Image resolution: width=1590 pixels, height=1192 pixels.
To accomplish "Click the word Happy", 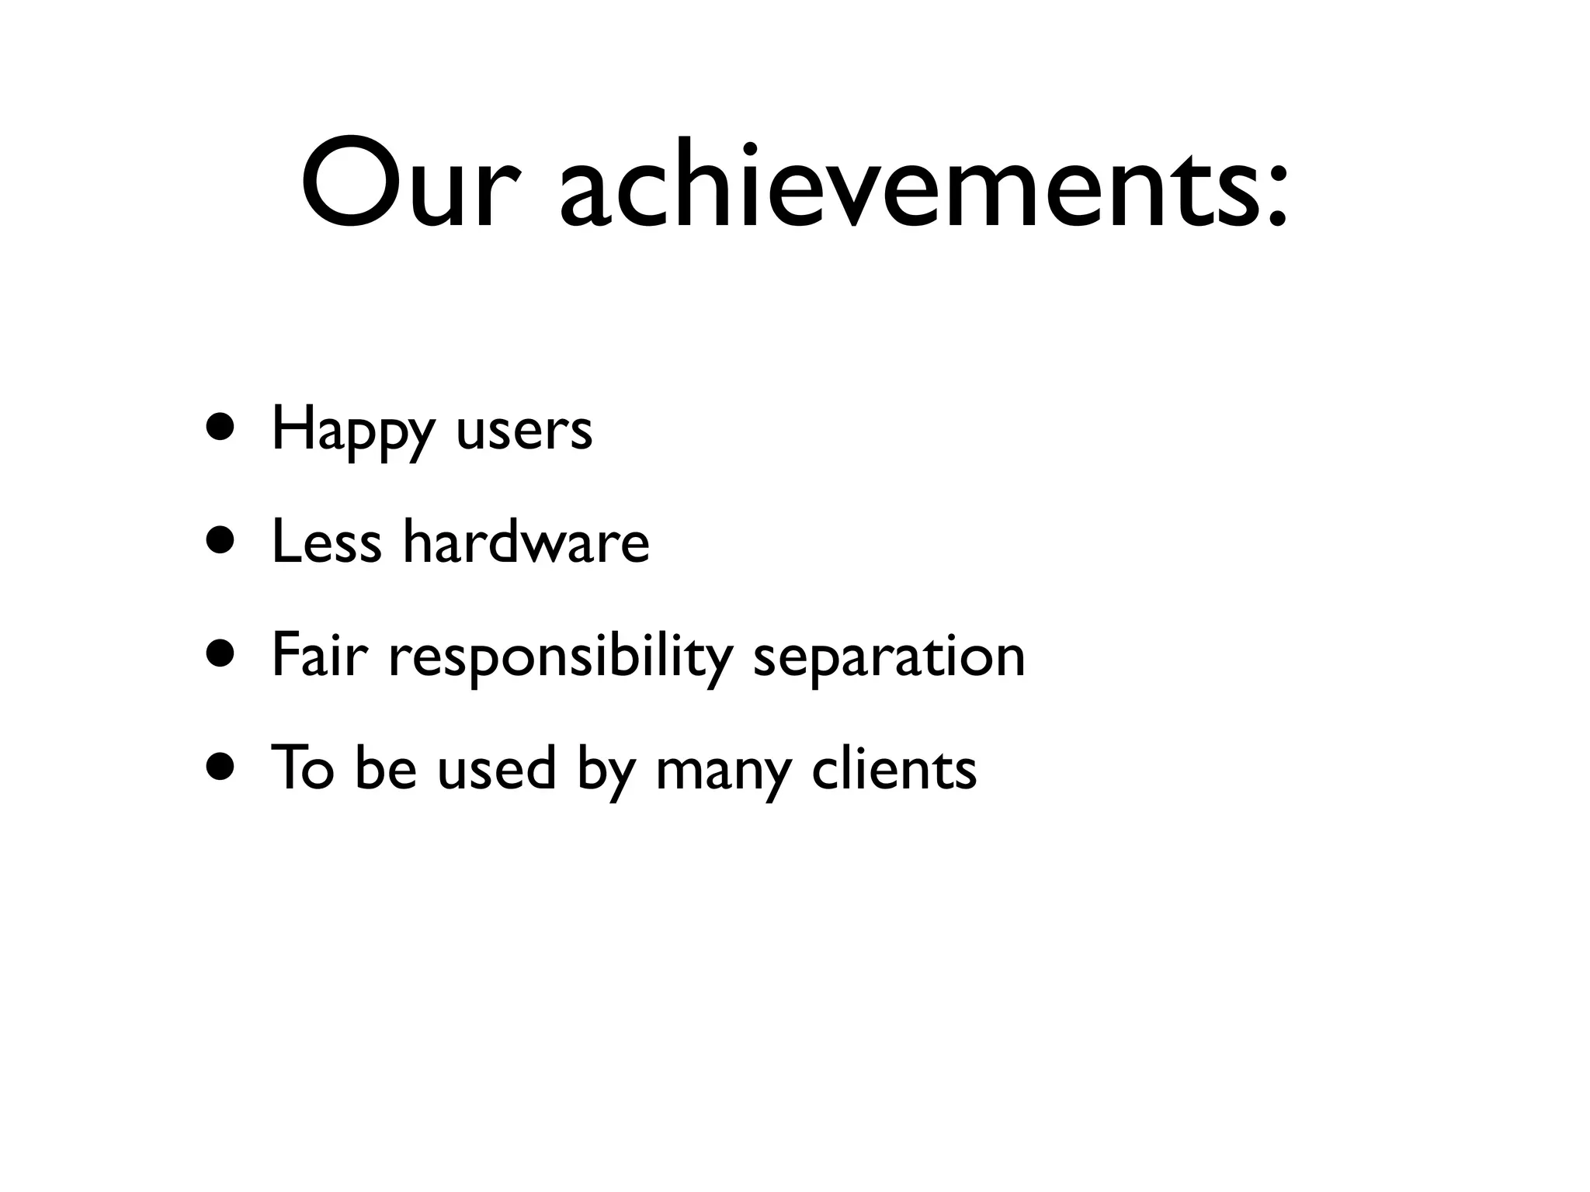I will coord(353,431).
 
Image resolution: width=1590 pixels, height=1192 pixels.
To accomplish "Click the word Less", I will coord(326,541).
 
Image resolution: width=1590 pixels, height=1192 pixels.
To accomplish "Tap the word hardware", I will coord(526,541).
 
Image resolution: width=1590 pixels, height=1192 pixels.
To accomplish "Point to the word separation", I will coord(889,658).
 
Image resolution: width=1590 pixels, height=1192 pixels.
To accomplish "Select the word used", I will coord(497,768).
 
